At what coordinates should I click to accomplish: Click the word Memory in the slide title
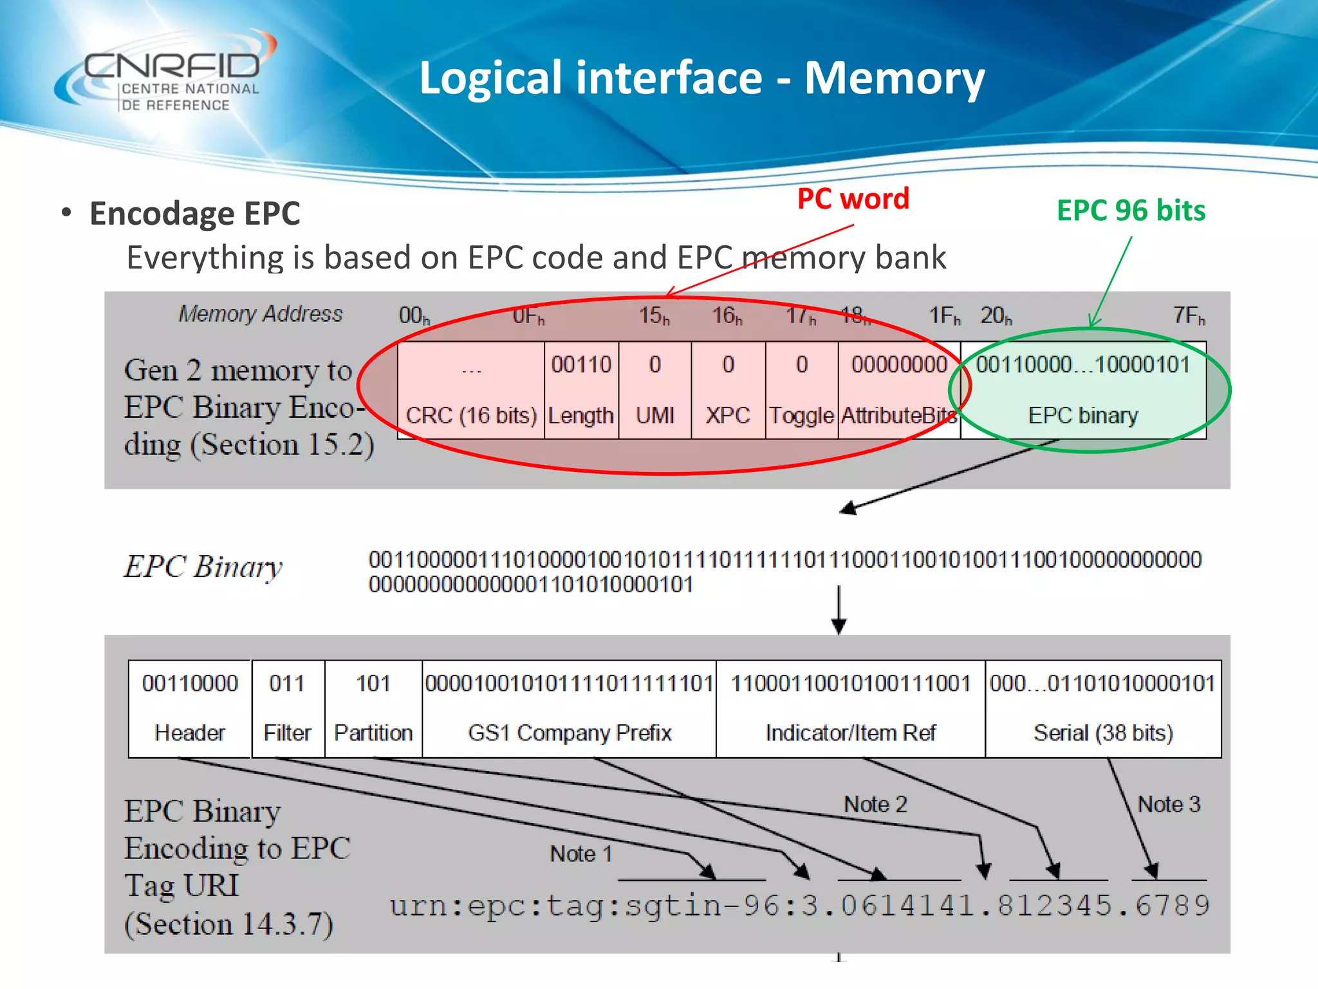(x=894, y=78)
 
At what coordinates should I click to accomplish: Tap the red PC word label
(x=853, y=198)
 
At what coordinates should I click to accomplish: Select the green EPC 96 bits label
(x=1131, y=211)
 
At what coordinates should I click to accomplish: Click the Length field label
(x=580, y=415)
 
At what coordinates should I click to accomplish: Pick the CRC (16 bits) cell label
(x=471, y=415)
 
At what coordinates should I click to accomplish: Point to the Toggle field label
(x=801, y=415)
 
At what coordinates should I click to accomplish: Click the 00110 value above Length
(x=581, y=365)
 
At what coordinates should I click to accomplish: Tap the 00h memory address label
(x=414, y=316)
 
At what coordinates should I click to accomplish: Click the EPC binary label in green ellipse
(x=1083, y=415)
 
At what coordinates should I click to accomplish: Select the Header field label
(x=190, y=733)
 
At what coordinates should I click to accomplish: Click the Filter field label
(x=287, y=733)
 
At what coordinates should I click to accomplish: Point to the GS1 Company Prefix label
(x=570, y=733)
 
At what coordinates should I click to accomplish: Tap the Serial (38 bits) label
(x=1103, y=733)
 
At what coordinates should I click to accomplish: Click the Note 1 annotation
(x=580, y=854)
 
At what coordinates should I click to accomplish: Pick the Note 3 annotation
(x=1169, y=804)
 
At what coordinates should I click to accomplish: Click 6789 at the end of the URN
(x=1172, y=906)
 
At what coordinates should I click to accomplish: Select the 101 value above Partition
(x=373, y=683)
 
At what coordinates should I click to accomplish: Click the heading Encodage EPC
(x=194, y=214)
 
